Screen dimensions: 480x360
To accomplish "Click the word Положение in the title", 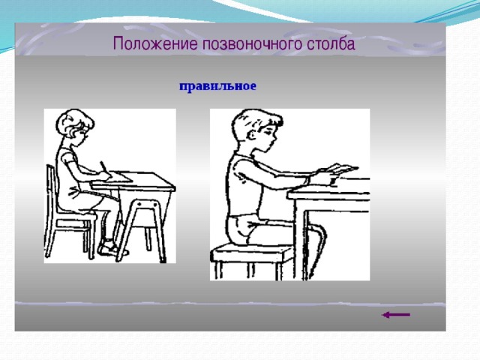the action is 155,43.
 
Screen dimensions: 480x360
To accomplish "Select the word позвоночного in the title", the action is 252,44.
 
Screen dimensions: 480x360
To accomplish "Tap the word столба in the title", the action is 331,43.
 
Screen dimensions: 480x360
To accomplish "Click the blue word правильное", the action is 217,86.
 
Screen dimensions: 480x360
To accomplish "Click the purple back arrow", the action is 396,315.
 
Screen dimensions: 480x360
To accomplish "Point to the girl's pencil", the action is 105,168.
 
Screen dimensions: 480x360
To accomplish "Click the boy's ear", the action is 253,136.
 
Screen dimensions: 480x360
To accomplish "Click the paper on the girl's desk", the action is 121,177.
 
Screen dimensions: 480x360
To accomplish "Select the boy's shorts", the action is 245,228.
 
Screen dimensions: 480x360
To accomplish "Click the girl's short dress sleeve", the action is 68,156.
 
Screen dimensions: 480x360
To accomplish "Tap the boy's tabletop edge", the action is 328,194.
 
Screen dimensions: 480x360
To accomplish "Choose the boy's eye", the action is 268,133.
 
